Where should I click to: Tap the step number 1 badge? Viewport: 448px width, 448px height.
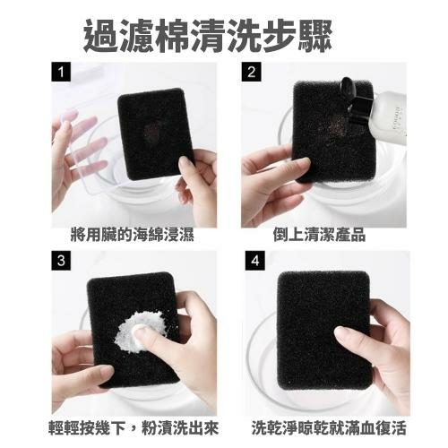[x=61, y=72]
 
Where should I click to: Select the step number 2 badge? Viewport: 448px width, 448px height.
[x=251, y=72]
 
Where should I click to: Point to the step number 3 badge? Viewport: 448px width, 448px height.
[x=61, y=261]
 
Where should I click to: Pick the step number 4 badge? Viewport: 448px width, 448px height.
[x=254, y=261]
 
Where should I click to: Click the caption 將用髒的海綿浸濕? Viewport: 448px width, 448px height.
[x=133, y=235]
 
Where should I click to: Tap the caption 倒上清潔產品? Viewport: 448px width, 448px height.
[x=319, y=235]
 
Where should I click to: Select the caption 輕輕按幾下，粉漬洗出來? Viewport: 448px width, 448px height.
[x=134, y=428]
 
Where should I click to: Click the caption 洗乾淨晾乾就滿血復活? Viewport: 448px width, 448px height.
[x=329, y=428]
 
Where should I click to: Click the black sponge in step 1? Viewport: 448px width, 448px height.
[x=155, y=134]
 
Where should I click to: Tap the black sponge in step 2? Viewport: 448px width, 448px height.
[x=333, y=132]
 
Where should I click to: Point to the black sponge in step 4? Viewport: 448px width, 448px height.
[x=324, y=330]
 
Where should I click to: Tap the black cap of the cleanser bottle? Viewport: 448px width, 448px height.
[x=356, y=101]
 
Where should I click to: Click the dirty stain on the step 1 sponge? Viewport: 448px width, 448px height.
[x=152, y=132]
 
